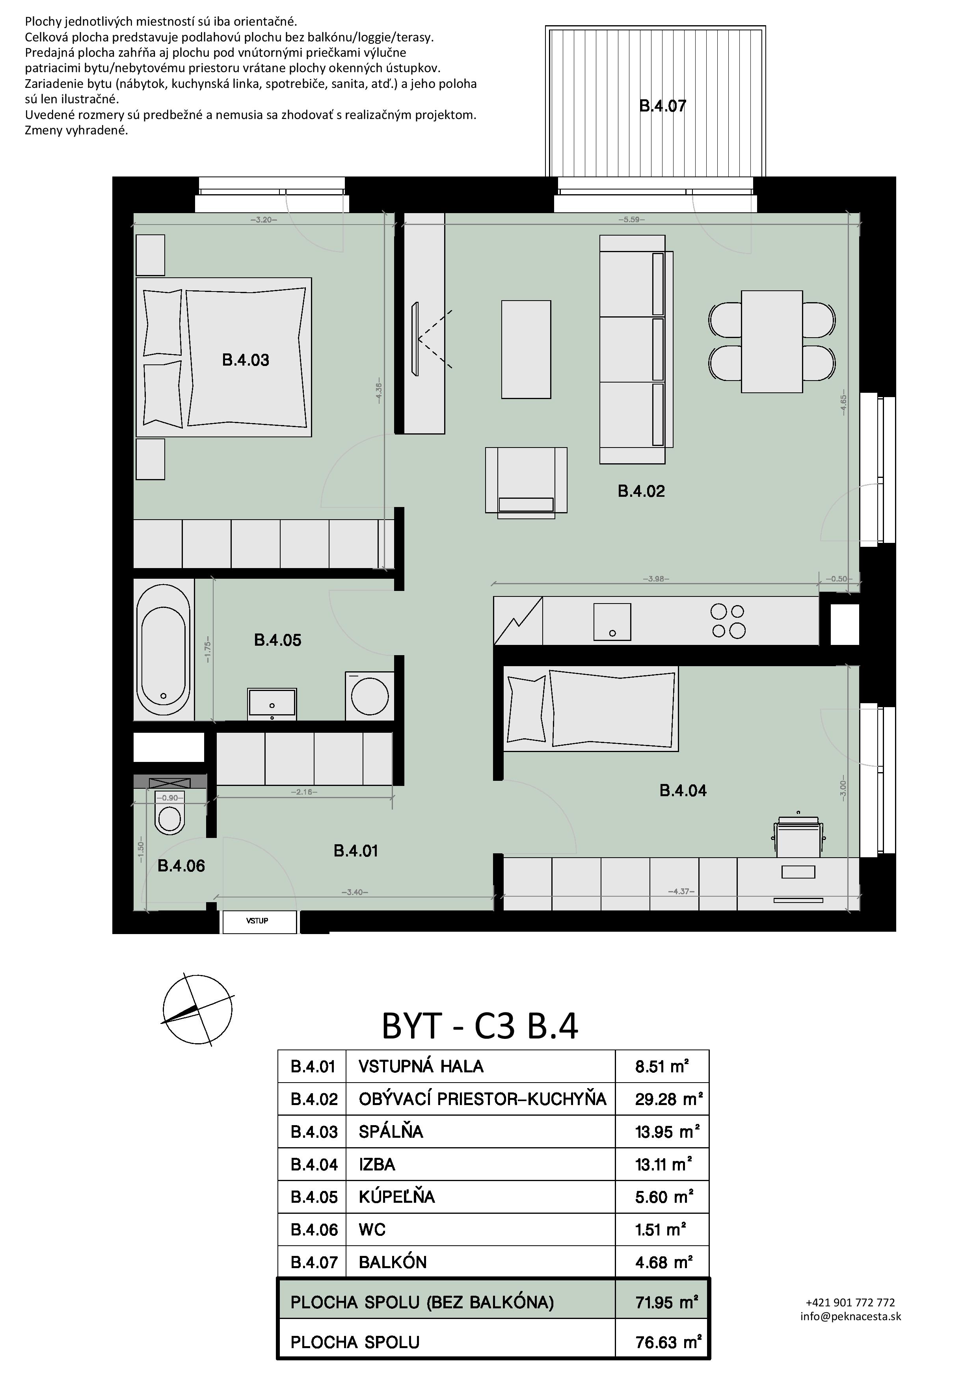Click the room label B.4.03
pyautogui.click(x=246, y=360)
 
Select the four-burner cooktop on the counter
pyautogui.click(x=728, y=621)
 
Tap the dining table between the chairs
pyautogui.click(x=772, y=341)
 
